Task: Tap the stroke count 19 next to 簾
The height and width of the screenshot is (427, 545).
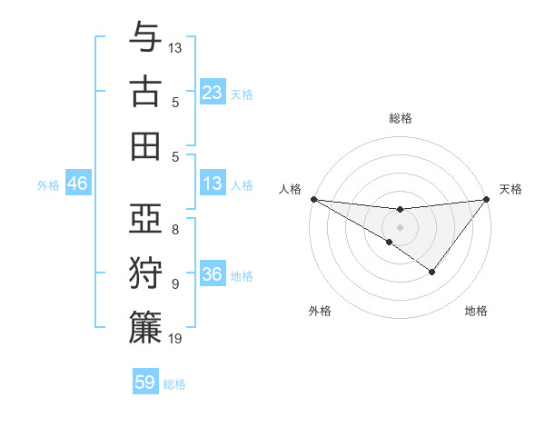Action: pos(176,339)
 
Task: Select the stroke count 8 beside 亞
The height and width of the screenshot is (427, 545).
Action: pos(175,229)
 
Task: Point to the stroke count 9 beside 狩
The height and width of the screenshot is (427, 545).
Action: pos(175,283)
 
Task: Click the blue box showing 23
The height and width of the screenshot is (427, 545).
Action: pos(213,93)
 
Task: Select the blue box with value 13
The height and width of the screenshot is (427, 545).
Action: pos(213,184)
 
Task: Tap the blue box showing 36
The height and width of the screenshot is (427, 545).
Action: pos(213,274)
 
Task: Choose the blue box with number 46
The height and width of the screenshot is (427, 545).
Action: pos(77,184)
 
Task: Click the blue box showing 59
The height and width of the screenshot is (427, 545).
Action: pos(145,382)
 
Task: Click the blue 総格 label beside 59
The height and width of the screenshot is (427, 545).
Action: pos(174,384)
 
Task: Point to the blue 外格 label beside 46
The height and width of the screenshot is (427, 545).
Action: pos(48,185)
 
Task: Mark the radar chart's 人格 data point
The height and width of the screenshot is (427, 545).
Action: pos(313,199)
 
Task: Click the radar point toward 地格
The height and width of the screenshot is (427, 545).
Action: pos(432,272)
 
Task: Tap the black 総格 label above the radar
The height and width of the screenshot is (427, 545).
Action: pos(400,119)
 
